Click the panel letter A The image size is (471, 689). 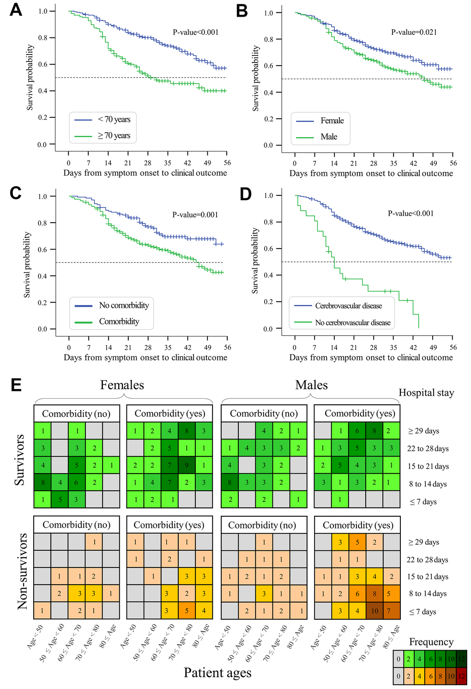16,10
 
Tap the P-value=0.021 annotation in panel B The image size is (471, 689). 414,32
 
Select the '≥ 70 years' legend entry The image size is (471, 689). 114,136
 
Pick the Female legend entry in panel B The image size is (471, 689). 332,121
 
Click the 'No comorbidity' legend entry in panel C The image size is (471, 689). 124,305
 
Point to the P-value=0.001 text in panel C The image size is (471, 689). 195,215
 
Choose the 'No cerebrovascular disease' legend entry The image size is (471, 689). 353,323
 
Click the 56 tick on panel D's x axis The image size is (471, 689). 453,348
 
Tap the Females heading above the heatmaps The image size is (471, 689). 122,385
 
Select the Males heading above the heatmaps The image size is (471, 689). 312,385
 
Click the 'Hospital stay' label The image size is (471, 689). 426,393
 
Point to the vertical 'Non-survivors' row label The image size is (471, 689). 22,571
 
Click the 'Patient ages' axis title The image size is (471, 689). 217,673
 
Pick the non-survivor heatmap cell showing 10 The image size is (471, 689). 374,611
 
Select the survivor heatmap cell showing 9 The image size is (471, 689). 187,466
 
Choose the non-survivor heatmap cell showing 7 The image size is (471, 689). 392,611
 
